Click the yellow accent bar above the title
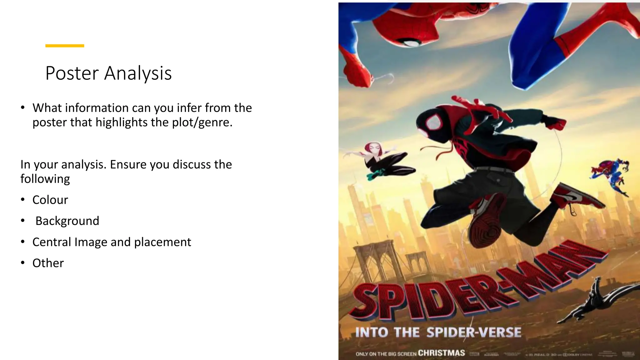point(65,46)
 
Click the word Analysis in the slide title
point(138,73)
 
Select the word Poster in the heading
point(72,73)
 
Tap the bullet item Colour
point(50,200)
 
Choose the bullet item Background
point(67,221)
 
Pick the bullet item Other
point(48,263)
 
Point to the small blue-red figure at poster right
point(609,175)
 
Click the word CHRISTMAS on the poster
point(441,353)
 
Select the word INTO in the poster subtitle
point(372,332)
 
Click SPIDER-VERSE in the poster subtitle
point(474,332)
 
